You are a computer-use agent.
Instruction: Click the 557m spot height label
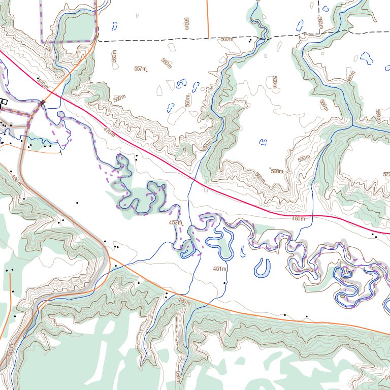coord(140,69)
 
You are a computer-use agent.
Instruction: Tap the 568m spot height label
coord(276,171)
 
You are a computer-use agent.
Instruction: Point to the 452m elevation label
coord(175,222)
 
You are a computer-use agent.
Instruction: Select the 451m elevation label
coord(219,268)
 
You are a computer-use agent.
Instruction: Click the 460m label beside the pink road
coord(298,218)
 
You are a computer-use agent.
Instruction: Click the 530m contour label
coord(303,159)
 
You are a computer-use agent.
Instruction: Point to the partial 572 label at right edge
coord(386,174)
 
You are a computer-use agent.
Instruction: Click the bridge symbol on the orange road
coord(42,103)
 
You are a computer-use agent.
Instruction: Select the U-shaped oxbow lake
coord(263,268)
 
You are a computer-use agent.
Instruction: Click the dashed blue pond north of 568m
coord(263,142)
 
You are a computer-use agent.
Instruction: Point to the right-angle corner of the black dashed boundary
coord(319,32)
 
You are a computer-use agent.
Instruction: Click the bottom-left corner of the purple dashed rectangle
coord(43,42)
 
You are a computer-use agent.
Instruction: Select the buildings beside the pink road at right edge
coord(374,235)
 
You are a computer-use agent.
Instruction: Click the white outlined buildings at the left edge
coord(4,102)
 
